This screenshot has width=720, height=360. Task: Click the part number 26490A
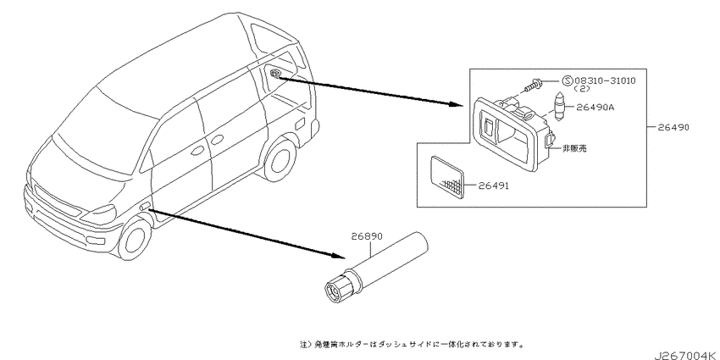pos(595,108)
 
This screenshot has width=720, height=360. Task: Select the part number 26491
pos(494,186)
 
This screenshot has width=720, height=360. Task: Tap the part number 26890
pos(367,236)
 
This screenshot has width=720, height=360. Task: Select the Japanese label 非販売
pos(574,148)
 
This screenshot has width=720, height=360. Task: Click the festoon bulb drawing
pos(559,107)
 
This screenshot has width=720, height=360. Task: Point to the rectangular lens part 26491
pos(447,177)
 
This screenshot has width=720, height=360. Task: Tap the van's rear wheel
pos(280,159)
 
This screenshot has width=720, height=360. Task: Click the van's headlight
pos(101,213)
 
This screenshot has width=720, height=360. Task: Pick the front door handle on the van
pos(198,151)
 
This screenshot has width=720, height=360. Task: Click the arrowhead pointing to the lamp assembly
pos(456,104)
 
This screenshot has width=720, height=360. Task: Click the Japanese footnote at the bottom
pos(412,343)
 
